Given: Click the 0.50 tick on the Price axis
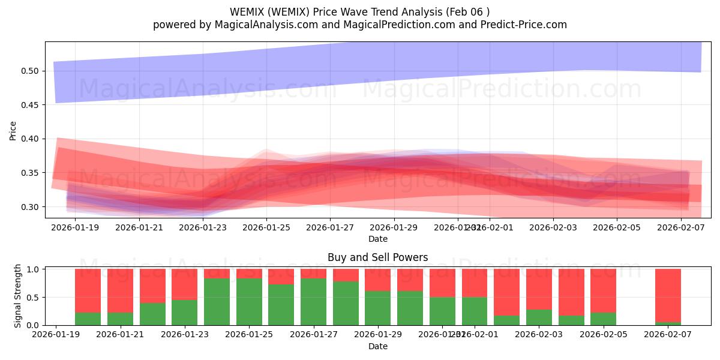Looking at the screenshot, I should [30, 71].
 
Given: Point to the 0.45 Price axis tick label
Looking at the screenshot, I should [30, 105].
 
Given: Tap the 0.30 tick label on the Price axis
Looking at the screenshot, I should [30, 207].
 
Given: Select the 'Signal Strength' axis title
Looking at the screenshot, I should [18, 296].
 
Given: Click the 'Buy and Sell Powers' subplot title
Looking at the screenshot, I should [377, 257].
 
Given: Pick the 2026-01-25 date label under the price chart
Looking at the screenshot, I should [266, 227].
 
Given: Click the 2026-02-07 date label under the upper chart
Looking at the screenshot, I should [681, 227].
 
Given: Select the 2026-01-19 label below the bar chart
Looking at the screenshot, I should [56, 335].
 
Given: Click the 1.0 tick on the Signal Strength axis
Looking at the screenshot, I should [34, 269].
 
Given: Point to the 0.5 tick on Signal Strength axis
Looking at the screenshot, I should [34, 297].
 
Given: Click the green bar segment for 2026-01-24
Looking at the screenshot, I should [217, 302].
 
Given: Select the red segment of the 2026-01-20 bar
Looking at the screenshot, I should [88, 290].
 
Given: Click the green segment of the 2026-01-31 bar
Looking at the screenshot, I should [442, 311].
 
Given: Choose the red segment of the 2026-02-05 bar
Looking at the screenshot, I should [603, 290].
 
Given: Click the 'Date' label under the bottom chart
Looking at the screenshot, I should [377, 346].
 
